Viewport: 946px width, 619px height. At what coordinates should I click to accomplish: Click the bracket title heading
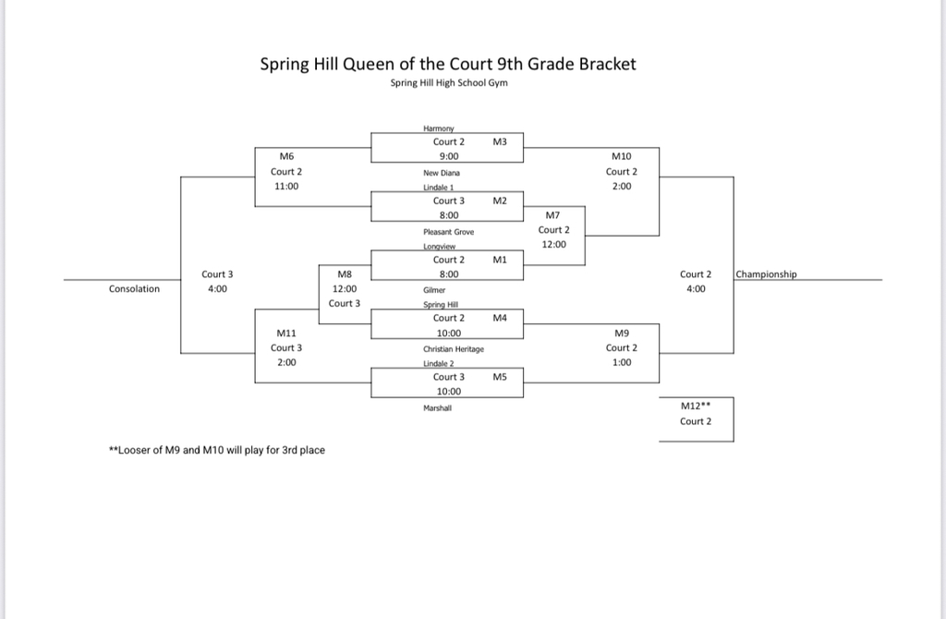[x=448, y=65]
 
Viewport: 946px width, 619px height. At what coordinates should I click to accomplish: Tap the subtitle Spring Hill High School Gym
[x=449, y=83]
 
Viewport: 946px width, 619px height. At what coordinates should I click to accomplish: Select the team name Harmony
[x=436, y=128]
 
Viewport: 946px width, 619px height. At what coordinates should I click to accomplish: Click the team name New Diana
[x=441, y=173]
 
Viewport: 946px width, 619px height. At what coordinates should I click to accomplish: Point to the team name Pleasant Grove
[x=448, y=232]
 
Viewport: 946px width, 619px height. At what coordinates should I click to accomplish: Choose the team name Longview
[x=439, y=247]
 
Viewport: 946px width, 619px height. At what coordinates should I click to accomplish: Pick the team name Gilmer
[x=434, y=289]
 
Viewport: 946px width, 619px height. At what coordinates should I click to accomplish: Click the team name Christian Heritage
[x=454, y=349]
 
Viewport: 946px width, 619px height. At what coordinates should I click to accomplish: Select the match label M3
[x=500, y=142]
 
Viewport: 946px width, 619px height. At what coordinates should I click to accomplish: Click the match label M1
[x=500, y=261]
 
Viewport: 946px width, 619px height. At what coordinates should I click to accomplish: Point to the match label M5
[x=500, y=377]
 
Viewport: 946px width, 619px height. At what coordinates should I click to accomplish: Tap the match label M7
[x=553, y=215]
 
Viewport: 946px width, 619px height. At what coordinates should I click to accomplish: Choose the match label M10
[x=622, y=157]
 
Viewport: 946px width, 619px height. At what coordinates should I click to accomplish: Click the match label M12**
[x=695, y=405]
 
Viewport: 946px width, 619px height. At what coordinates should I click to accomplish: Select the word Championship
[x=766, y=274]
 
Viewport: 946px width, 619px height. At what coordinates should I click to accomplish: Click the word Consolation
[x=134, y=289]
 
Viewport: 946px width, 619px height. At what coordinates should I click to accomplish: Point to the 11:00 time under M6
[x=286, y=187]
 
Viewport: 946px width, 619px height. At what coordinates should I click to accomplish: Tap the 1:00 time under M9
[x=622, y=363]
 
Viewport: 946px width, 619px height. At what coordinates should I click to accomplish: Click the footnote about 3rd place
[x=217, y=451]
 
